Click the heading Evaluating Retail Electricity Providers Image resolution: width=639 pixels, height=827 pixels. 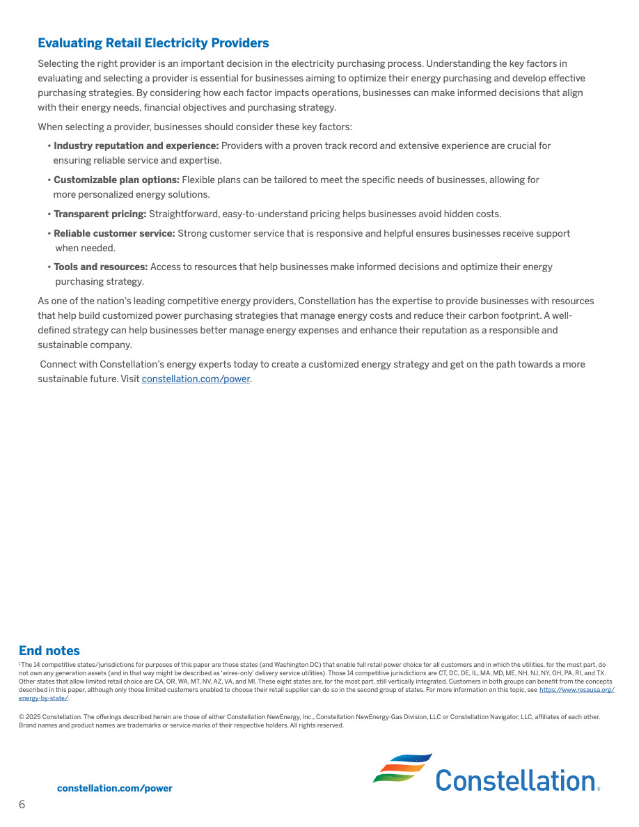tap(153, 43)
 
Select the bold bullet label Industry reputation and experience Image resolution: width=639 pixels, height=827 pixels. tap(136, 146)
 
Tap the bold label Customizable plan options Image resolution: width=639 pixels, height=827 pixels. tap(116, 180)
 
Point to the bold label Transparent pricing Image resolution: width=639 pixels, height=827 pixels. tap(100, 214)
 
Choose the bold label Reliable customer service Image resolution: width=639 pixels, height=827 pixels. tap(114, 234)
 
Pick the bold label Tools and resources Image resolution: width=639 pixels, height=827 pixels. tap(101, 267)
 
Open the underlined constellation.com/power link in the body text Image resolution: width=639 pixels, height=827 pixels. tap(196, 379)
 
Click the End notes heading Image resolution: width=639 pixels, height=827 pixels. tap(49, 651)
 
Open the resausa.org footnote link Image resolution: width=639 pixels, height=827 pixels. tap(576, 690)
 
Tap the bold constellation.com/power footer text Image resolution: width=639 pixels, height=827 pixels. tap(115, 789)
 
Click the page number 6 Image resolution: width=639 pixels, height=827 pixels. tap(22, 805)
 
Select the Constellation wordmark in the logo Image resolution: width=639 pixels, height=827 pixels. tap(515, 780)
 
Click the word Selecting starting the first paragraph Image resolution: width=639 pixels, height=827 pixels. tap(57, 64)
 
